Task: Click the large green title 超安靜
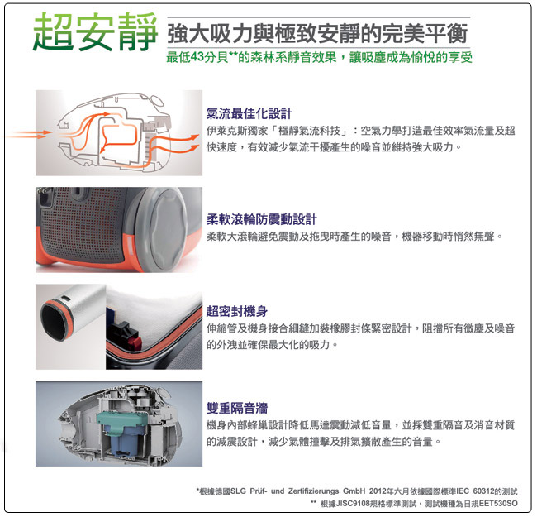[95, 31]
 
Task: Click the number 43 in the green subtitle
[197, 57]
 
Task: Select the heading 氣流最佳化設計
[249, 114]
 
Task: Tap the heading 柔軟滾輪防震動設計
[262, 219]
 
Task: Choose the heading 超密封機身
[237, 311]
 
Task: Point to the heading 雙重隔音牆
[237, 408]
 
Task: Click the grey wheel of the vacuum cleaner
[168, 229]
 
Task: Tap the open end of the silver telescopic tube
[52, 322]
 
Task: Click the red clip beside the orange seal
[135, 342]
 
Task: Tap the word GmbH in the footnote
[354, 491]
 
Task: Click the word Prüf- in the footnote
[259, 491]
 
